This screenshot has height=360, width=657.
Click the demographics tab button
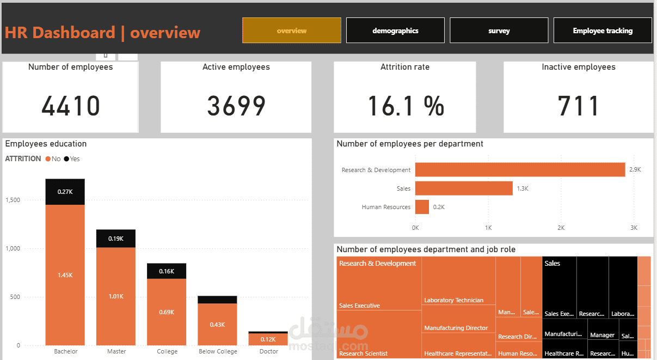[395, 30]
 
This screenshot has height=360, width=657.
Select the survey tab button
[499, 30]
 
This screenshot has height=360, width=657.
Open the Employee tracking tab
[603, 30]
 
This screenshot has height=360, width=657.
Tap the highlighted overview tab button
[291, 30]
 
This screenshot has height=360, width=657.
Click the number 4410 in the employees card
[71, 106]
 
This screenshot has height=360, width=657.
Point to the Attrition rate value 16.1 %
[406, 106]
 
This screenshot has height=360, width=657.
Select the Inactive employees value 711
[579, 106]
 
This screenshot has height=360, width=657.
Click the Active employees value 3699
[236, 106]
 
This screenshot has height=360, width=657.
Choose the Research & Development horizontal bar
[520, 170]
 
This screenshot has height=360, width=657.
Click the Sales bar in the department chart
[464, 188]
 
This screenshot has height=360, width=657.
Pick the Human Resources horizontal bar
[422, 207]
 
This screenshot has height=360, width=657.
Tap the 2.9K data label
[635, 170]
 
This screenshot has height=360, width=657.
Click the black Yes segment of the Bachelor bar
[65, 192]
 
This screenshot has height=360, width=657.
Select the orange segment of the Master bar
[116, 296]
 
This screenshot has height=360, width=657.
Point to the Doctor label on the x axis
[269, 351]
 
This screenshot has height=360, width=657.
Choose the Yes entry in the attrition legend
[72, 159]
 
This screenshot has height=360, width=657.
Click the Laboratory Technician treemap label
[453, 300]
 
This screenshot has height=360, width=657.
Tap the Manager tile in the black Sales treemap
[602, 335]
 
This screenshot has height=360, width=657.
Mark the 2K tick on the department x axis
[561, 227]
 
